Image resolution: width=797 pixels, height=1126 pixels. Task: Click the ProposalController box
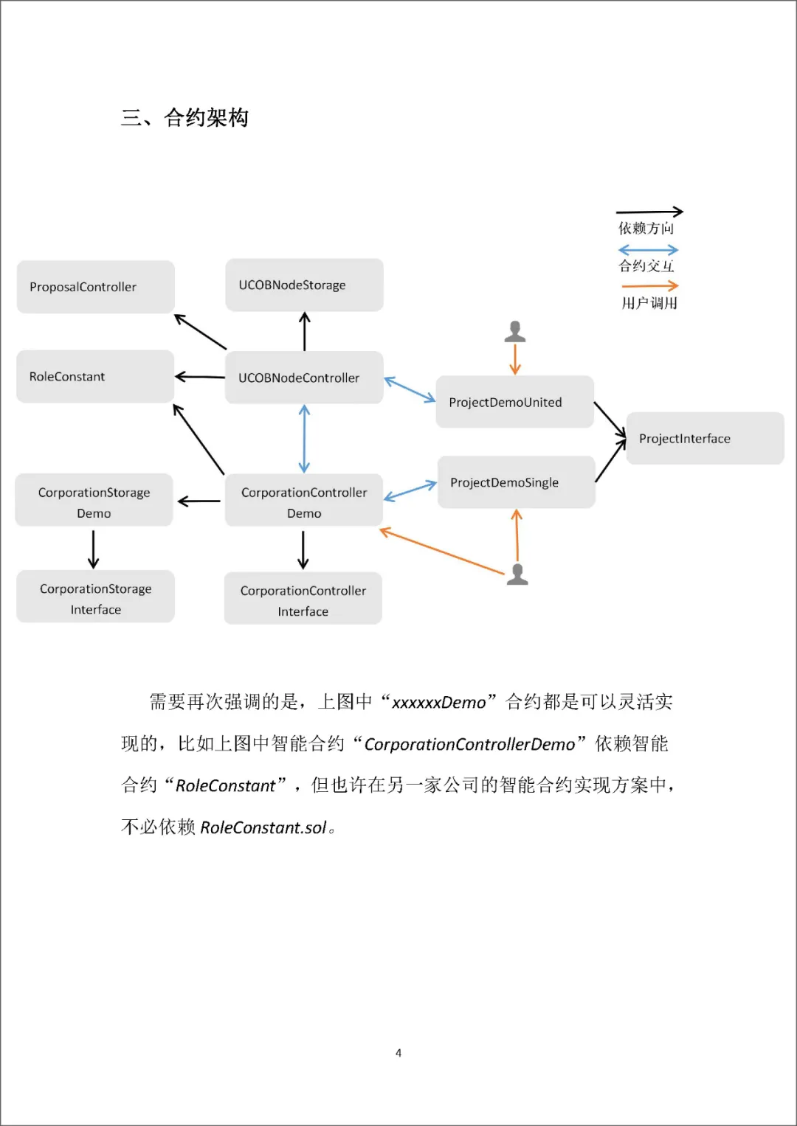96,287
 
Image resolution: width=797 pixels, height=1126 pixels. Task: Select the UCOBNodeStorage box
304,285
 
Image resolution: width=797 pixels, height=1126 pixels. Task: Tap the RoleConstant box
95,377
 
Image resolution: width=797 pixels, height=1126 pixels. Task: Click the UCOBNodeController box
304,378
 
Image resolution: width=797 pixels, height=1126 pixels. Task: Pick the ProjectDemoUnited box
515,402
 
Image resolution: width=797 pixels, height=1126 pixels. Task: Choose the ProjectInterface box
705,438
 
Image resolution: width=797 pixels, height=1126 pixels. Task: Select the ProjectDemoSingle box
517,482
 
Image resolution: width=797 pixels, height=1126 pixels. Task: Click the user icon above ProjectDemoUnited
515,332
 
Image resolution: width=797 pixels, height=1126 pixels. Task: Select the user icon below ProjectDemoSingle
517,574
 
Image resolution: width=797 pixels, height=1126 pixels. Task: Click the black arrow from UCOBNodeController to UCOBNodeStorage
304,331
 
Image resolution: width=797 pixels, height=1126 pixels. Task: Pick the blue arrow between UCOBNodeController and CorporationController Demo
304,439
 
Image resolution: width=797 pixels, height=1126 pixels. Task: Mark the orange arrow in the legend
650,285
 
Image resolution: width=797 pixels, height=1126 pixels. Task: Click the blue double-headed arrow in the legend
648,250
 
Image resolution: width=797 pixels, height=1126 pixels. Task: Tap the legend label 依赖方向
646,228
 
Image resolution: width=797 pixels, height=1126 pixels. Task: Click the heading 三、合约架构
184,118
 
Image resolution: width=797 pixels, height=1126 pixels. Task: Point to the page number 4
398,1052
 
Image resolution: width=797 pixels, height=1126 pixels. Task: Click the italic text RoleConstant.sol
263,827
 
